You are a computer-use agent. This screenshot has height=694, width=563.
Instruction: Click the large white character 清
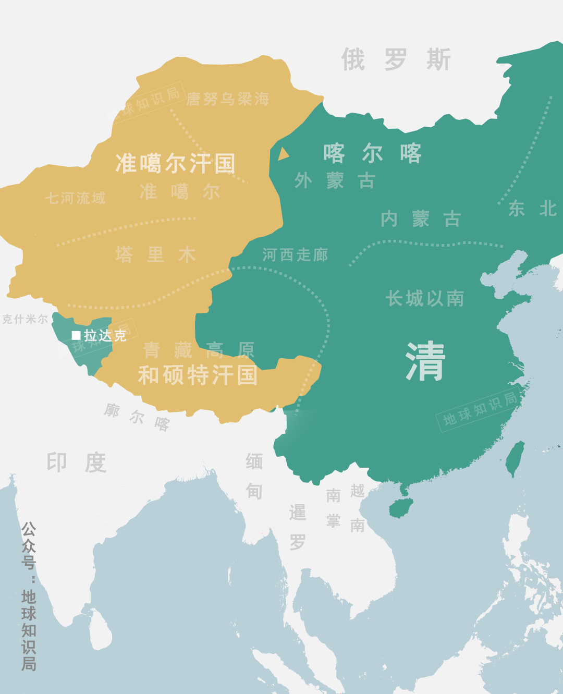coord(425,361)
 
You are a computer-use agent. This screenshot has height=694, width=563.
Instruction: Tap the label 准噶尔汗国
coord(175,163)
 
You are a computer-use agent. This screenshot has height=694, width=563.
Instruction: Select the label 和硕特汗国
coord(198,375)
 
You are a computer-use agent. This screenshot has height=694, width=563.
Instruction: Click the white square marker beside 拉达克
coord(76,335)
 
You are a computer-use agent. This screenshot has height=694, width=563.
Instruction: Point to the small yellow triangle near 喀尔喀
coord(283,154)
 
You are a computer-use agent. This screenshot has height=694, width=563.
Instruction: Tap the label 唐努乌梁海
coord(228,99)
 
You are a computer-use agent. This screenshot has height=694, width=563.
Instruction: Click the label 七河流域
coord(75,198)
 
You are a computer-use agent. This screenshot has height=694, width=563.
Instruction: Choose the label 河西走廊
coord(295,254)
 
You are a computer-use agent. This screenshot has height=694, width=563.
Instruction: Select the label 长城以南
coord(425,298)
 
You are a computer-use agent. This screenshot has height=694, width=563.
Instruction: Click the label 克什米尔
coord(25,319)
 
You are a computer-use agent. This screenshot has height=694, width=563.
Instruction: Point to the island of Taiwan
coord(516,458)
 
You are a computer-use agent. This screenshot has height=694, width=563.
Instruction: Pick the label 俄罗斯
coord(396,59)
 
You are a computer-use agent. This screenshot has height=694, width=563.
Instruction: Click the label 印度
coord(77,462)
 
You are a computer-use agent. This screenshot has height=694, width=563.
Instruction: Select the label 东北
coord(533,209)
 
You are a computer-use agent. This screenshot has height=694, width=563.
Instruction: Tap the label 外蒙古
coord(335,181)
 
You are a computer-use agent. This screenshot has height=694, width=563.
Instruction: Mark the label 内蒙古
coord(421,219)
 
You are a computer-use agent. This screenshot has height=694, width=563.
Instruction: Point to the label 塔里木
coord(155,254)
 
